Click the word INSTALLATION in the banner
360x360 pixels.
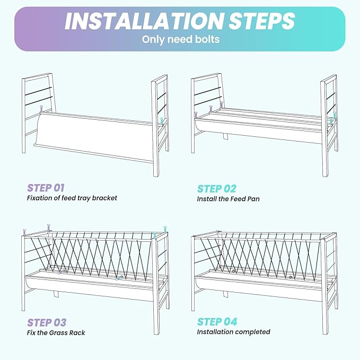coord(145,21)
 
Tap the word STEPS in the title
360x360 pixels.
coord(262,21)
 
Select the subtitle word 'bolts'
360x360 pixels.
coord(207,39)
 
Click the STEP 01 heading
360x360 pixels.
coord(46,188)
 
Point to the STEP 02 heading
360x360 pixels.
coord(216,189)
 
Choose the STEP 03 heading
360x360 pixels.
coord(47,322)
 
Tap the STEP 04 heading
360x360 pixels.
coord(217,322)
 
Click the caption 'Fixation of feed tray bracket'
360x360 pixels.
coord(72,198)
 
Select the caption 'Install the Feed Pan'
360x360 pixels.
coord(228,199)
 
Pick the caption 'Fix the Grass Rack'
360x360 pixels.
coord(56,332)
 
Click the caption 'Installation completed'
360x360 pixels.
coord(233,332)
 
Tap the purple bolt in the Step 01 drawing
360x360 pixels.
coord(41,109)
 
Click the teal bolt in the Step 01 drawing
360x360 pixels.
coord(162,121)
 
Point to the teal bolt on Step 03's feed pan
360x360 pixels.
coord(119,278)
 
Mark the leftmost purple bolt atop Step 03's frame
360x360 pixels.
coord(24,232)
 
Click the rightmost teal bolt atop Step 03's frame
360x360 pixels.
coord(165,230)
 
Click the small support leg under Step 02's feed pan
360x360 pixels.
coord(225,136)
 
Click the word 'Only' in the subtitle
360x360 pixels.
coord(153,39)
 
